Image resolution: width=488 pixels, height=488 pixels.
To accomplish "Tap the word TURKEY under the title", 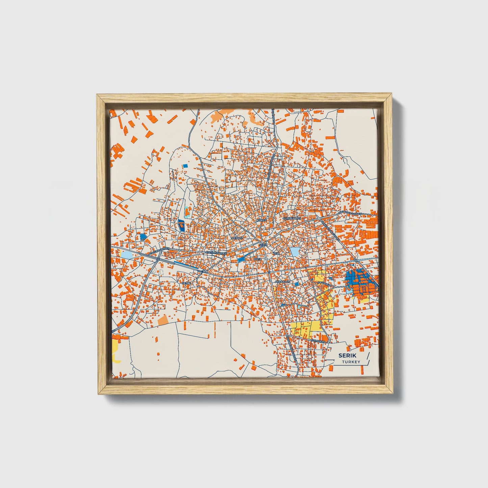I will coord(351,362).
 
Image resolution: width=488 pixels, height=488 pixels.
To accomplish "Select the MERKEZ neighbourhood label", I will coord(237,238).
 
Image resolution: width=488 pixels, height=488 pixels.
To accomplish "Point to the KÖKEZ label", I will coord(262,220).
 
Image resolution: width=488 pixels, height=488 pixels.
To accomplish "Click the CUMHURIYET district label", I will coord(291,219).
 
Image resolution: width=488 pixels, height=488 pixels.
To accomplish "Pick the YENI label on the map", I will coord(276,253).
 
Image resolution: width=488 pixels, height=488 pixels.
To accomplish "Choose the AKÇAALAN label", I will coord(283,281).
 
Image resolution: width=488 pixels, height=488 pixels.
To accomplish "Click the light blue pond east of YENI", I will coord(295,252).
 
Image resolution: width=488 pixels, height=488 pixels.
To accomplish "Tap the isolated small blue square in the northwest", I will coord(185,166).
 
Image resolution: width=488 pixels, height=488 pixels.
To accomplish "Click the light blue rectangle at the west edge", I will coord(127,255).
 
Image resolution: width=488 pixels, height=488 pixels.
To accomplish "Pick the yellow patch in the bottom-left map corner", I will coord(115,350).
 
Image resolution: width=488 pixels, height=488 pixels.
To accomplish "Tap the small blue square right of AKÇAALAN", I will coord(297,284).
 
